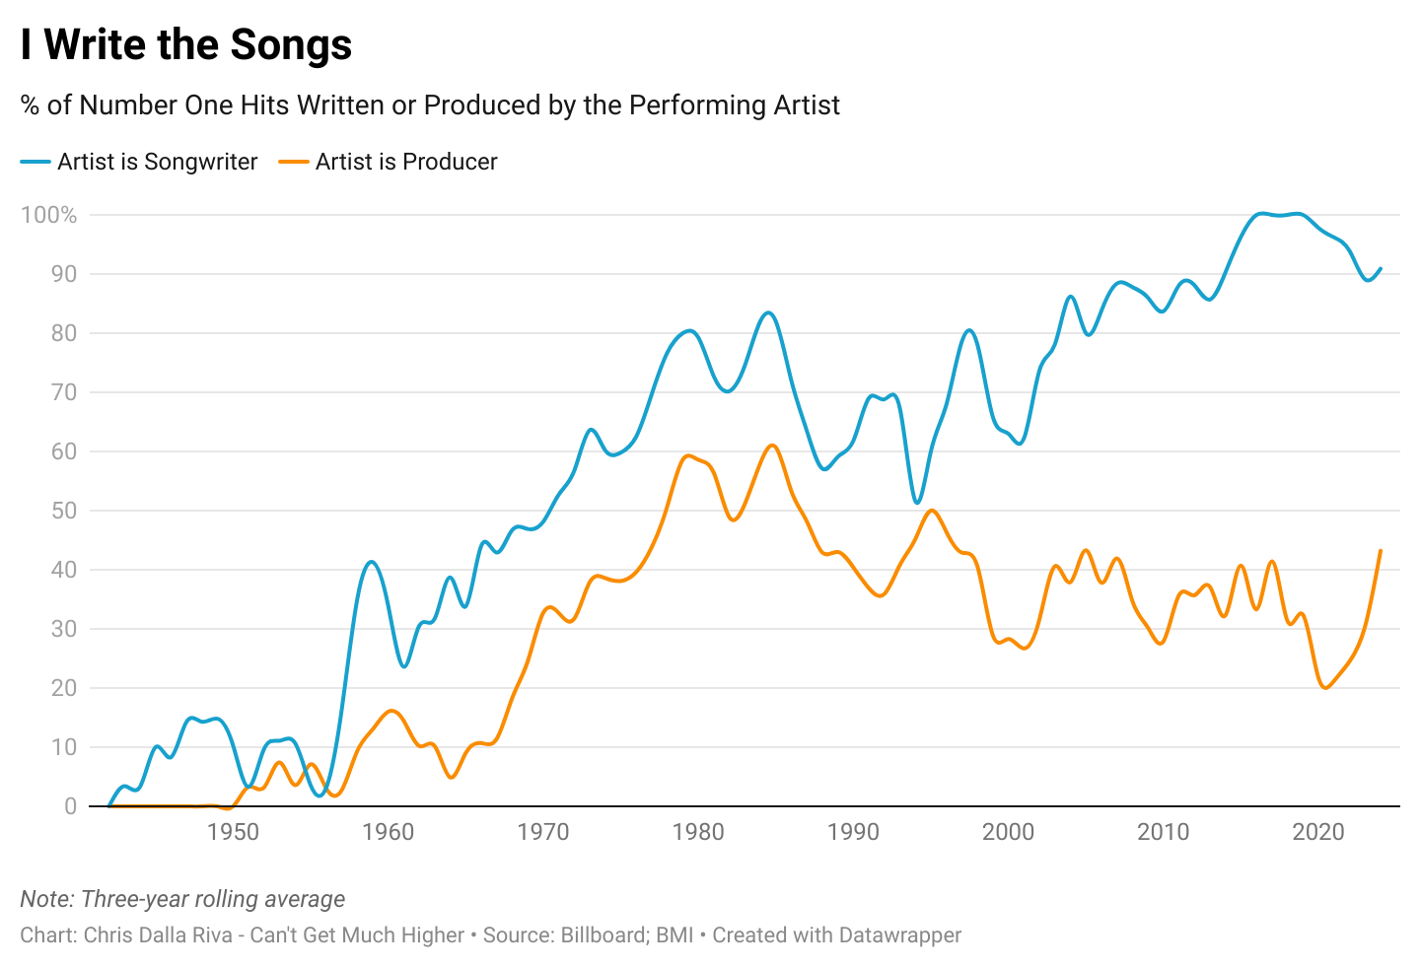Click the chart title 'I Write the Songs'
tap(186, 45)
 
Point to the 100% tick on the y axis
tap(48, 215)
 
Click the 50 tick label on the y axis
tap(63, 511)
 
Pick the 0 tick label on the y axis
tap(70, 806)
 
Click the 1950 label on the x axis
tap(234, 832)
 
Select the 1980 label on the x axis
tap(698, 832)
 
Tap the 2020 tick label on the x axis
tap(1318, 832)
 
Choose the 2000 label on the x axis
tap(1008, 832)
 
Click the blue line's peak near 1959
tap(371, 562)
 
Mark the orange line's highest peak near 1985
tap(772, 446)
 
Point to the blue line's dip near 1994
tap(917, 503)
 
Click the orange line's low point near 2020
tap(1324, 688)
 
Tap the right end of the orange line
tap(1381, 550)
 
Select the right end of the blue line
tap(1381, 268)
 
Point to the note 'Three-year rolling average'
tap(213, 899)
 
